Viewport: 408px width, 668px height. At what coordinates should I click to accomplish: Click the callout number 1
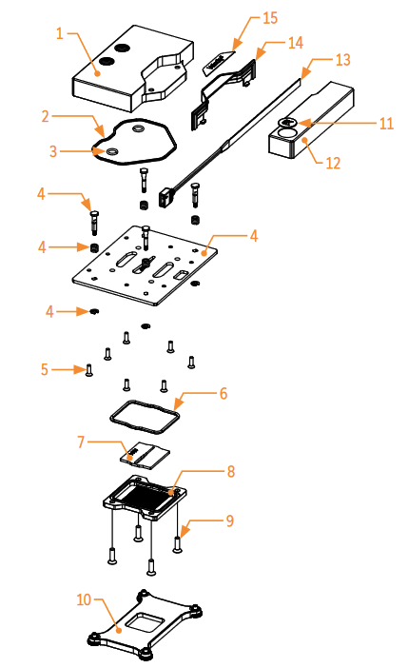click(59, 33)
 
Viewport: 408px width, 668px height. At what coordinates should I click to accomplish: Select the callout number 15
click(269, 18)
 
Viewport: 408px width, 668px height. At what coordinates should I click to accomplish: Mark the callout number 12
click(332, 163)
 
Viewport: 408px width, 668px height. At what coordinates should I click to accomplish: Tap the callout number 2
click(45, 116)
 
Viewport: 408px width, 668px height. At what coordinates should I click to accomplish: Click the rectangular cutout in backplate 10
click(148, 624)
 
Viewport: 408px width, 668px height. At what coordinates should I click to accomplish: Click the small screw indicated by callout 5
click(88, 371)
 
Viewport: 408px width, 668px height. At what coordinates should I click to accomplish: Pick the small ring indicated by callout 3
click(112, 150)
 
